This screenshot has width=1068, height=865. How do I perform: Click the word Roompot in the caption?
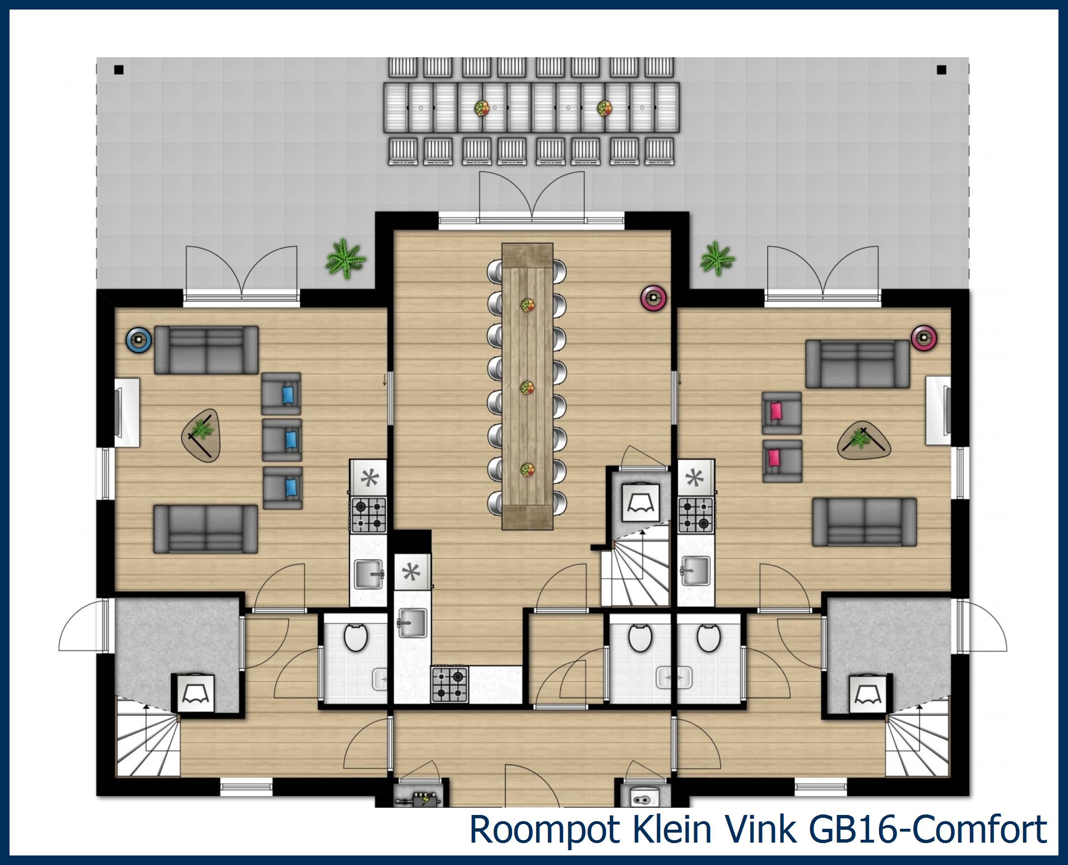click(x=543, y=830)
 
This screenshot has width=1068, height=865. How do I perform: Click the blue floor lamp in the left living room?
click(x=139, y=340)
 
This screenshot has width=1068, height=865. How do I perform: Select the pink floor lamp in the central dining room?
click(x=653, y=298)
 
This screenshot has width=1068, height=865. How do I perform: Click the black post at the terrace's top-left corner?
click(x=119, y=70)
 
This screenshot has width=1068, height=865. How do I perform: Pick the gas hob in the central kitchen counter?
click(x=450, y=684)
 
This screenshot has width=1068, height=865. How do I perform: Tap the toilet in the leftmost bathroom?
click(x=356, y=638)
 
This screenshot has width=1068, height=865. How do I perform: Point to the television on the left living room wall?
click(x=118, y=412)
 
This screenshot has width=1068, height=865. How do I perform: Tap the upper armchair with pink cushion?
click(x=781, y=413)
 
